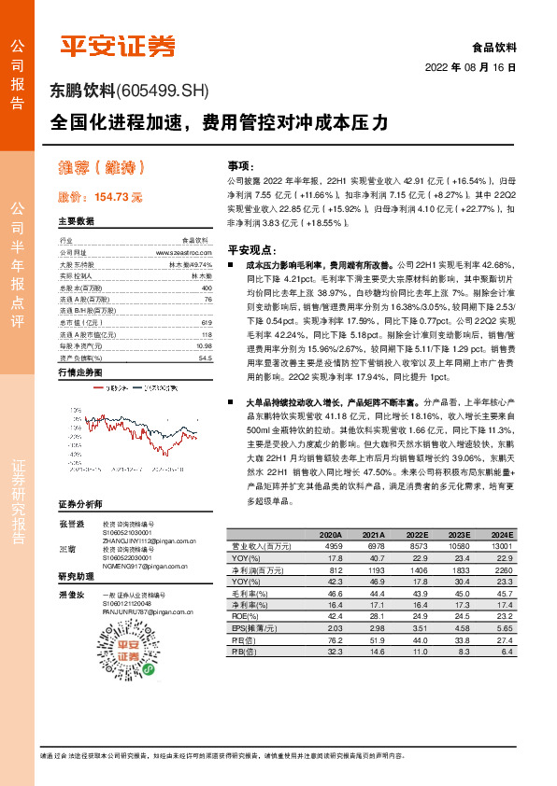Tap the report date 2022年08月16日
(477, 68)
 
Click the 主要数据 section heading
(76, 222)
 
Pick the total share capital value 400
(207, 288)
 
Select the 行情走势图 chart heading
(79, 372)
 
